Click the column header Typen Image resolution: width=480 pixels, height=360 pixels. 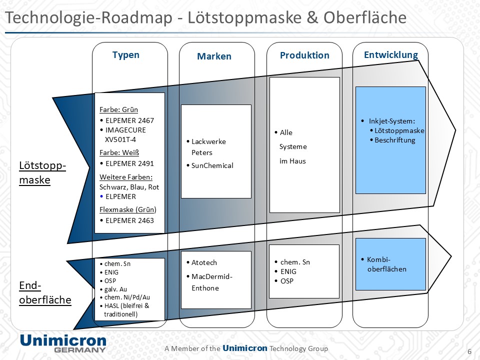click(x=126, y=55)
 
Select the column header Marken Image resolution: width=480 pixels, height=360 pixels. click(x=214, y=56)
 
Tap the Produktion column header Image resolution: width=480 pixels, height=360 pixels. click(x=304, y=55)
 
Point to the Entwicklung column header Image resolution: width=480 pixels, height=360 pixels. click(x=390, y=55)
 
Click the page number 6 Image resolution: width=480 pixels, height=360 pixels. click(x=469, y=350)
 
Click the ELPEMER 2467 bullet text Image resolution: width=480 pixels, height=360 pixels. click(x=129, y=120)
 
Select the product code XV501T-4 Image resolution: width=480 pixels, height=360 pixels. click(x=120, y=139)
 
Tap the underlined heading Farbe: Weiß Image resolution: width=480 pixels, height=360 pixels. click(x=119, y=153)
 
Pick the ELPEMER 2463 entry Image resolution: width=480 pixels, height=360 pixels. click(x=129, y=220)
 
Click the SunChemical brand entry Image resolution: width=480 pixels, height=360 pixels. click(x=212, y=165)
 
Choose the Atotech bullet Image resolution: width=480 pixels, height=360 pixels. click(x=204, y=262)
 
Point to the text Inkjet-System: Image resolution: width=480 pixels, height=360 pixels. click(x=392, y=121)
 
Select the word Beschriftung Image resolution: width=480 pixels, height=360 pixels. click(x=395, y=140)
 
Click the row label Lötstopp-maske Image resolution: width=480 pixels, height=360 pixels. click(x=42, y=172)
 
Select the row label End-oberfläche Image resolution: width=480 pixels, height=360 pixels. click(x=45, y=292)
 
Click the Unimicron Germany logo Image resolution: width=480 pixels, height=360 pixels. click(x=63, y=343)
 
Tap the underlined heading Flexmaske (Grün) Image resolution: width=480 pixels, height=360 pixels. click(x=128, y=209)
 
